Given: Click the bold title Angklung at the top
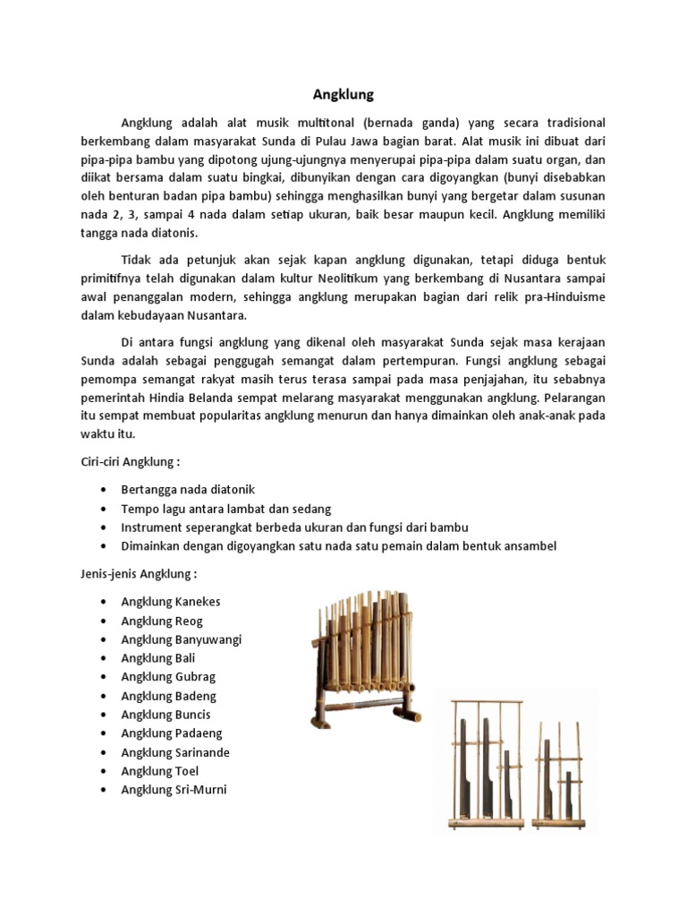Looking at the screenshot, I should pyautogui.click(x=343, y=93).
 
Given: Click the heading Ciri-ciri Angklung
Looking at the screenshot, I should pyautogui.click(x=125, y=461).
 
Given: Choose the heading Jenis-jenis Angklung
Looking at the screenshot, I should pyautogui.click(x=131, y=573).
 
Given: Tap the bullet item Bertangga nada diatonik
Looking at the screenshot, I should pyautogui.click(x=188, y=490).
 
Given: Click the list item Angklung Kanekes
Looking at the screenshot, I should pyautogui.click(x=170, y=602).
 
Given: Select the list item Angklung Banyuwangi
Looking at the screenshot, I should pyautogui.click(x=182, y=639).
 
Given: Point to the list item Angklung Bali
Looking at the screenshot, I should pyautogui.click(x=158, y=658).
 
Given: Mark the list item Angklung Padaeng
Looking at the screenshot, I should pyautogui.click(x=172, y=733).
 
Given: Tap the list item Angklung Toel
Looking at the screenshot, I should pyautogui.click(x=160, y=771).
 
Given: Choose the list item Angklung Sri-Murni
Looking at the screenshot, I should pyautogui.click(x=174, y=790).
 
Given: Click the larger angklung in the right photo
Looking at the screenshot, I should pyautogui.click(x=488, y=761).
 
